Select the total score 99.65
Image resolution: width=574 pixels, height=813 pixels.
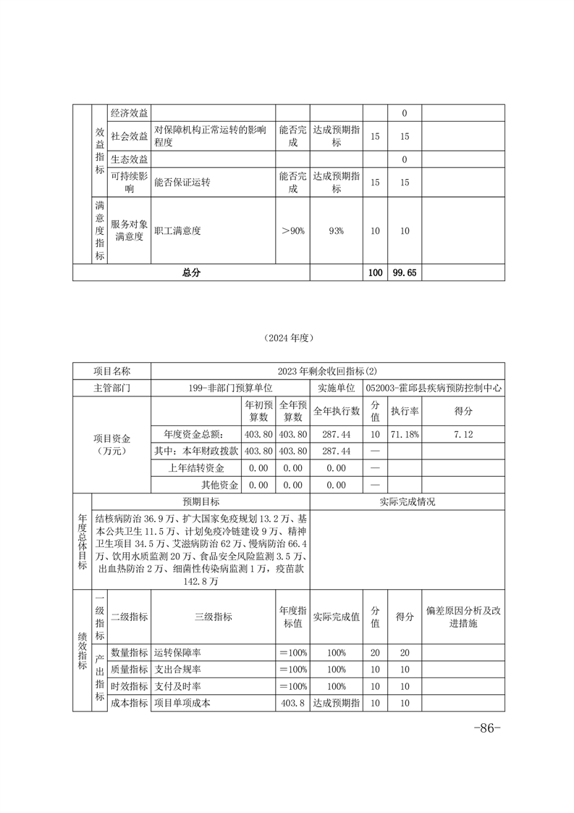[x=405, y=272]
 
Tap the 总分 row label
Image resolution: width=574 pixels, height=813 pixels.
[x=191, y=272]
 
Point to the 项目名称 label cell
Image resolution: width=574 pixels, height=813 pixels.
[x=112, y=371]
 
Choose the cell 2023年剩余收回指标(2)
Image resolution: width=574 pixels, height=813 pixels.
[x=327, y=371]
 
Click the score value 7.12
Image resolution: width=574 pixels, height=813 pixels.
[x=463, y=433]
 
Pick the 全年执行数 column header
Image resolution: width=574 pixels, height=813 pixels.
[x=337, y=411]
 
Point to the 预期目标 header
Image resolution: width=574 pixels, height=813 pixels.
[x=201, y=501]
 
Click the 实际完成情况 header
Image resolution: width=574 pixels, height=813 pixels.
[x=407, y=501]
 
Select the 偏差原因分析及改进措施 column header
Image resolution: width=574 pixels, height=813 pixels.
[x=463, y=617]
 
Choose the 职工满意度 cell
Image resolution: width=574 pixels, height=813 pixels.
[x=177, y=231]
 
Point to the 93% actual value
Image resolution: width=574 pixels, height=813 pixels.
[x=336, y=231]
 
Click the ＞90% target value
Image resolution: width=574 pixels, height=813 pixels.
[x=293, y=231]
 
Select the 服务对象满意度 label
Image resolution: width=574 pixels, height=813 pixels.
[x=130, y=231]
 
